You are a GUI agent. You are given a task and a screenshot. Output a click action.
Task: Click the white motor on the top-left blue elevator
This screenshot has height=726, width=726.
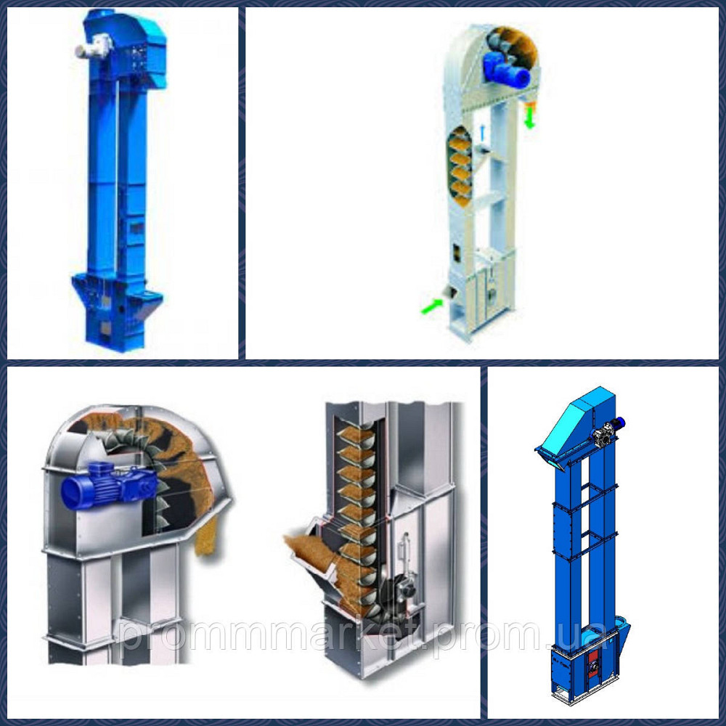click(94, 46)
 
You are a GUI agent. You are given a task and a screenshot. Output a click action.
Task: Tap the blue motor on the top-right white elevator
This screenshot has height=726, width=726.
click(505, 68)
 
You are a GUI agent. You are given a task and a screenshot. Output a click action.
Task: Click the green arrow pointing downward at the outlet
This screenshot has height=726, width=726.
click(530, 120)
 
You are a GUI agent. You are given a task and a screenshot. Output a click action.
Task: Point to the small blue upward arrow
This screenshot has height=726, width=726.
click(483, 132)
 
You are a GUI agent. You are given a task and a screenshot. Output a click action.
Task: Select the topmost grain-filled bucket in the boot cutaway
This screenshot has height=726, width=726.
click(356, 435)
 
